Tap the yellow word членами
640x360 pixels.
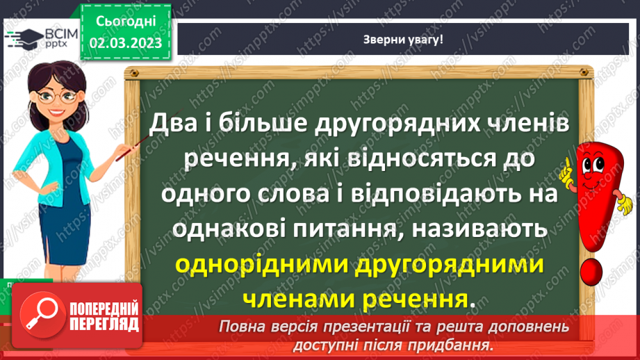tap(297, 300)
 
